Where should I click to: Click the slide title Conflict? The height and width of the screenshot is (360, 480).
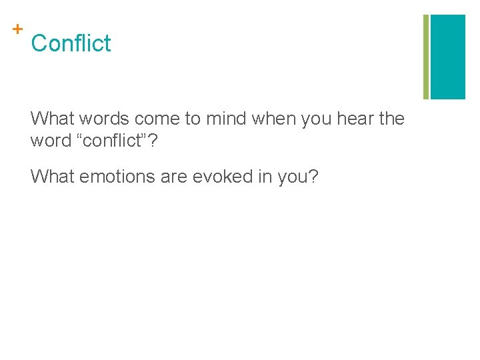pyautogui.click(x=71, y=43)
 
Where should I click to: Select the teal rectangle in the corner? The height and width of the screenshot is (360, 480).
pyautogui.click(x=448, y=57)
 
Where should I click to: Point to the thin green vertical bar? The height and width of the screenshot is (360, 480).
pyautogui.click(x=425, y=57)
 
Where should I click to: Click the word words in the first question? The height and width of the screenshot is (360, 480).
pyautogui.click(x=103, y=119)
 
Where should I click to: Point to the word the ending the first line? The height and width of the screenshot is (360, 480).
pyautogui.click(x=391, y=119)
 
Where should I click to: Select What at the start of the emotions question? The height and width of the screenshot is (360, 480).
pyautogui.click(x=53, y=177)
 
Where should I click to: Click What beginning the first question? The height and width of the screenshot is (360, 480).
pyautogui.click(x=53, y=119)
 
